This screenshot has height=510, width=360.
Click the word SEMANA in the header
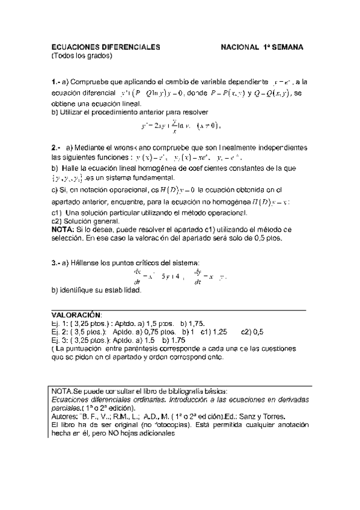(x=285, y=46)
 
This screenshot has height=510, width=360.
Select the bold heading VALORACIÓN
(x=76, y=315)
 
